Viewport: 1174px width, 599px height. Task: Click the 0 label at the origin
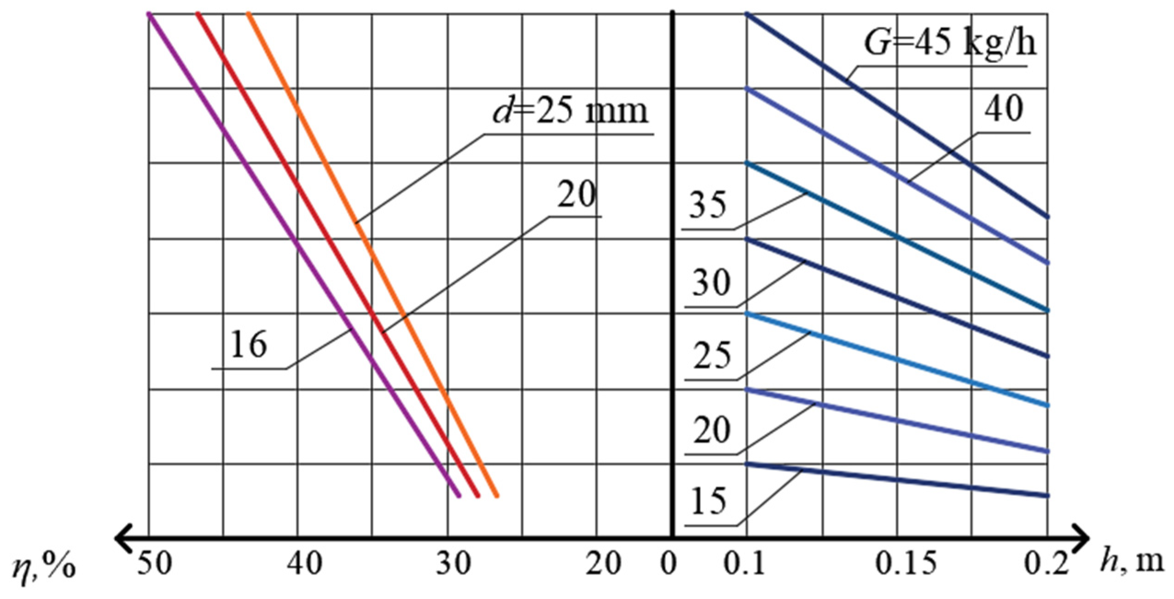click(x=668, y=565)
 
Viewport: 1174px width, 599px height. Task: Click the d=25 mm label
click(x=570, y=112)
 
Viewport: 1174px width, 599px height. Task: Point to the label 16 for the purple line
click(x=248, y=345)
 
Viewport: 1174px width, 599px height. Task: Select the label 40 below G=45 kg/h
click(x=1004, y=110)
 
